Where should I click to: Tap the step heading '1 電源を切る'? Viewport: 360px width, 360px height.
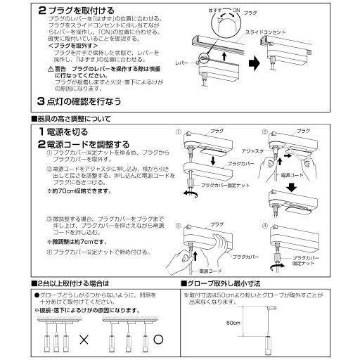[67, 131]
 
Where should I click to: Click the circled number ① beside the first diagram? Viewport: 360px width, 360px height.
[179, 131]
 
